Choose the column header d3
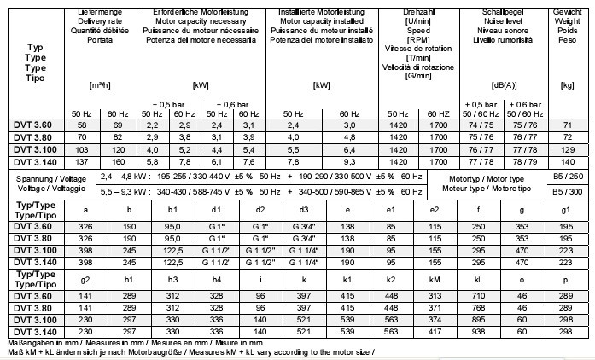(x=304, y=211)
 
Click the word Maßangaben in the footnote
(x=25, y=342)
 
